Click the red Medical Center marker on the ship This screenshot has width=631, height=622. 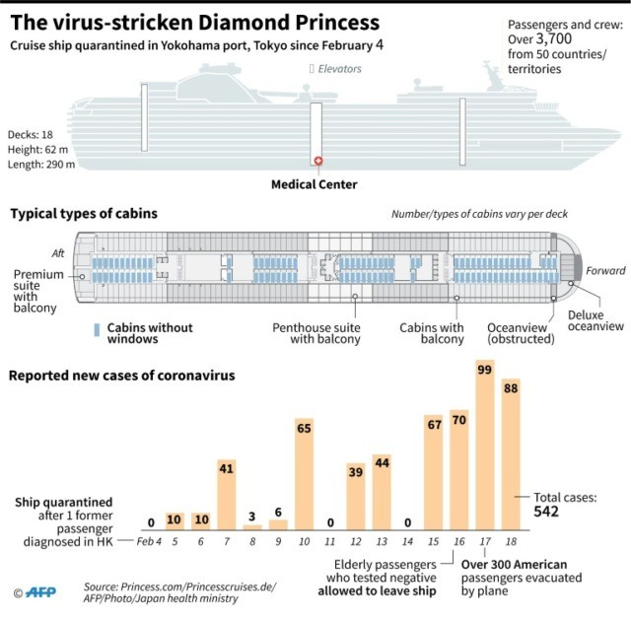click(317, 162)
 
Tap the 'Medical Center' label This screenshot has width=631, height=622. click(315, 184)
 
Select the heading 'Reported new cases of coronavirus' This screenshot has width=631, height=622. click(122, 375)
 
